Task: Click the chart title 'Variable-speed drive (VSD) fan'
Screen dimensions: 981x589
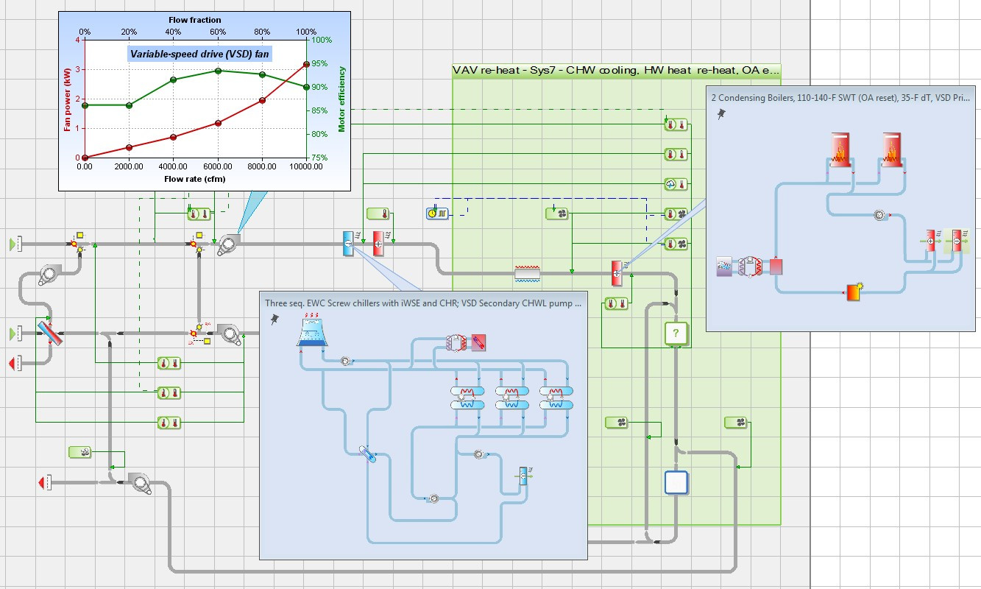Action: [199, 54]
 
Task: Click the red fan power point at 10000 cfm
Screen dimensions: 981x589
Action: [307, 65]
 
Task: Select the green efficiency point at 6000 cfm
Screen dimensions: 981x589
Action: [218, 71]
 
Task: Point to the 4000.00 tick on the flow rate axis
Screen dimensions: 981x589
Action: [173, 166]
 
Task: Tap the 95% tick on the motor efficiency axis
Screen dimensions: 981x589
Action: [319, 63]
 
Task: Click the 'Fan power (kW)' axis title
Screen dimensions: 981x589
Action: [67, 99]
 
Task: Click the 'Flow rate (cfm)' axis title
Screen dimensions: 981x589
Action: [195, 179]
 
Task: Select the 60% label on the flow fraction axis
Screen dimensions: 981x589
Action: [218, 32]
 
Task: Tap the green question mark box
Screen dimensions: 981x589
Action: [676, 334]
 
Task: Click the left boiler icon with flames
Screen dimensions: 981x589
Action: [840, 149]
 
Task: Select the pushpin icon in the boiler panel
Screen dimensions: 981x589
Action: [721, 114]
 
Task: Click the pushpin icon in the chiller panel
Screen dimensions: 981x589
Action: [275, 319]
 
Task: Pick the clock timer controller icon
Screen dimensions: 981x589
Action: [437, 214]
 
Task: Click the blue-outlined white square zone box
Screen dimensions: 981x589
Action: [676, 482]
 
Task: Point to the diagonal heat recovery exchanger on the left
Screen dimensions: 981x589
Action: [49, 334]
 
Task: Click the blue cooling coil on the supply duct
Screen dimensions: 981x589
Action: [348, 244]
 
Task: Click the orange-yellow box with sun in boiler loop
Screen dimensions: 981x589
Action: [854, 292]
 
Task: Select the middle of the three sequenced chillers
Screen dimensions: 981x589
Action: [512, 398]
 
